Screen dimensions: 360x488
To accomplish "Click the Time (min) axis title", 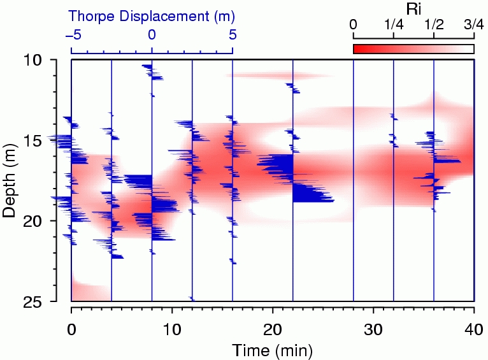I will pyautogui.click(x=272, y=350).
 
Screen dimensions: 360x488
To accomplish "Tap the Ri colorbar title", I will pyautogui.click(x=413, y=8).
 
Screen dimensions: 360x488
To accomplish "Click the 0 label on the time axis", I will pyautogui.click(x=71, y=330).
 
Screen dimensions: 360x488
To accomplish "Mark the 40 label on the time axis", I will pyautogui.click(x=474, y=330).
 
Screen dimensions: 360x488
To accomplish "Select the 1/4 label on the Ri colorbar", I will pyautogui.click(x=394, y=25).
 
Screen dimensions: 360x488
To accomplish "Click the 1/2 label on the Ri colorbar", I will pyautogui.click(x=434, y=25).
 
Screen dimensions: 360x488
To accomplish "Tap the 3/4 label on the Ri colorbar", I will pyautogui.click(x=474, y=25).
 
